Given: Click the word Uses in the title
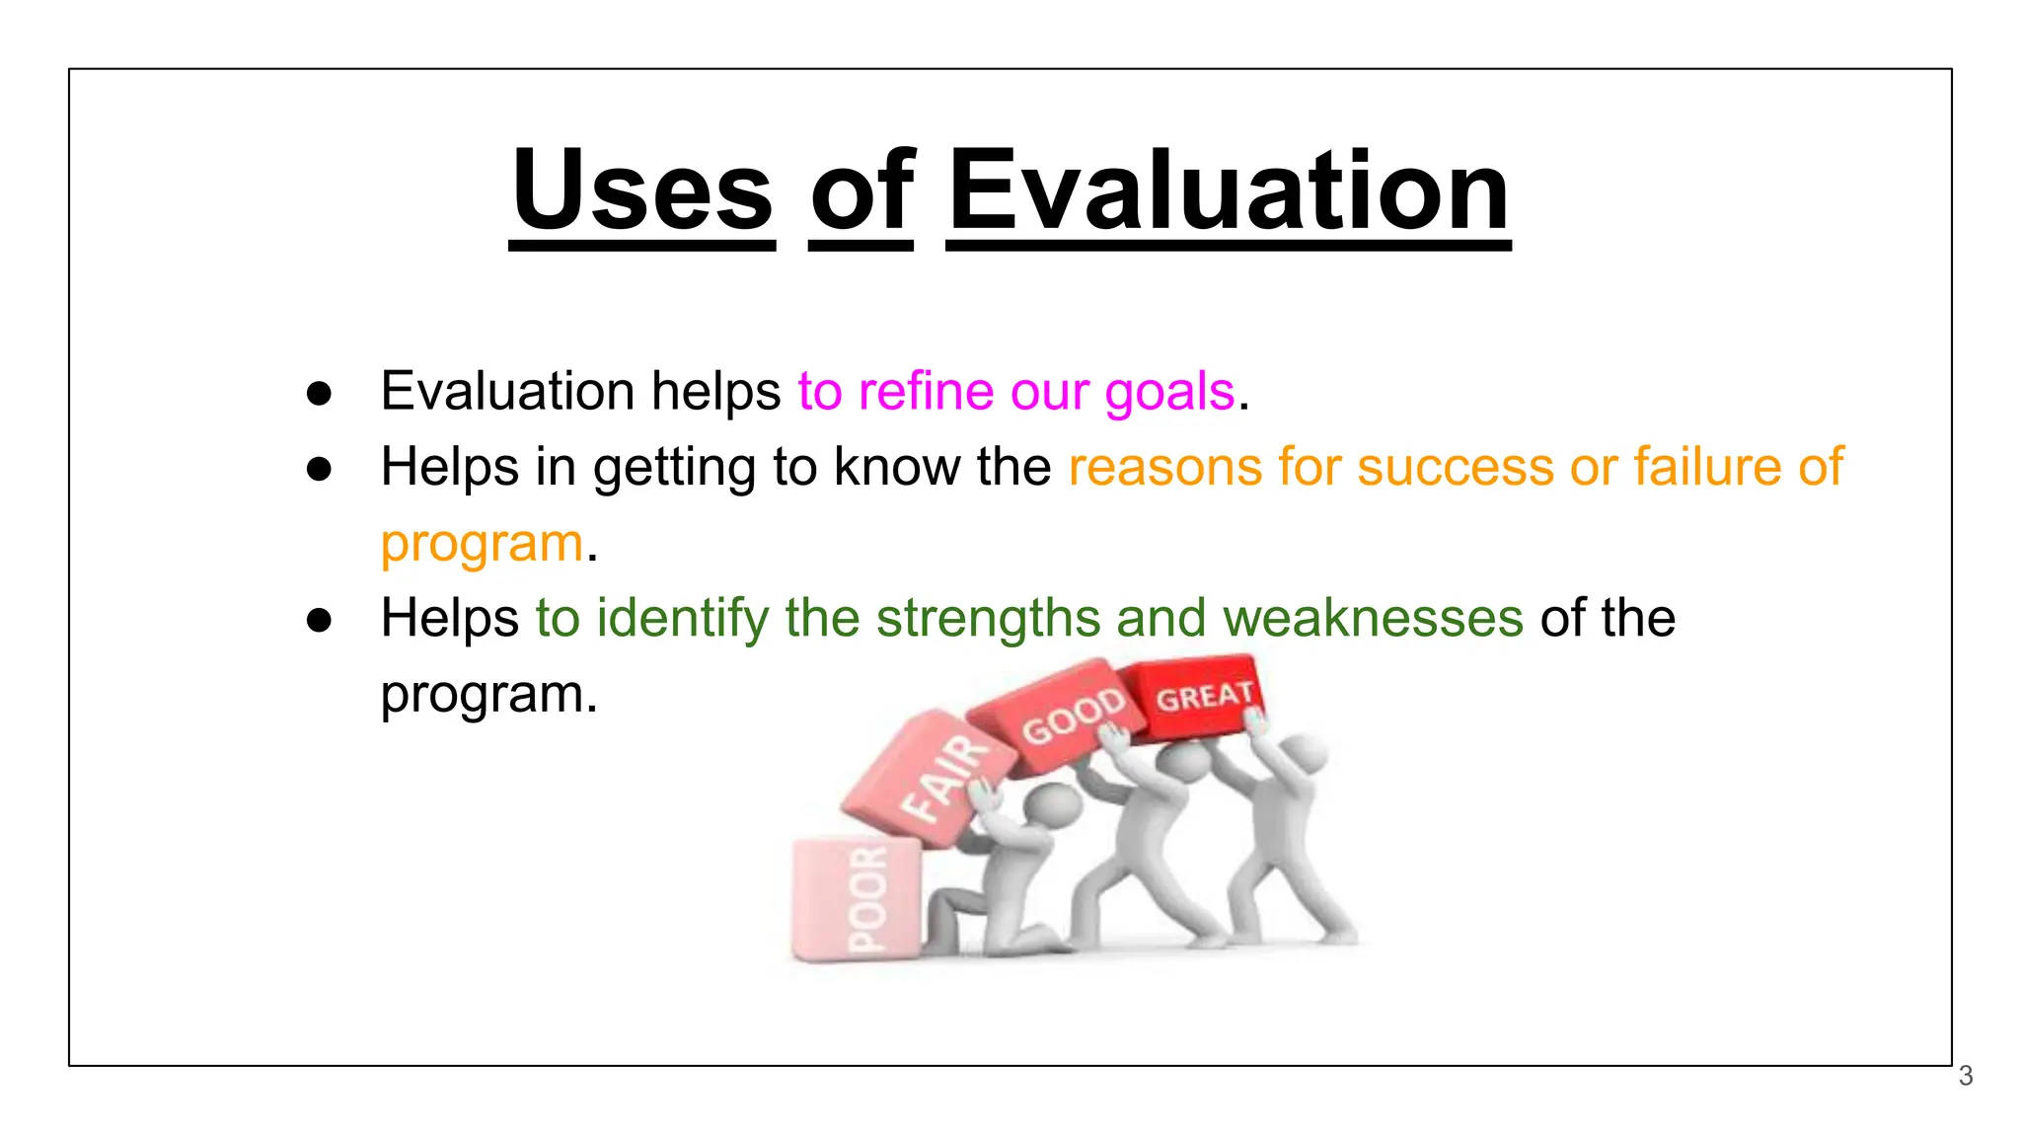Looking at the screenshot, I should [642, 189].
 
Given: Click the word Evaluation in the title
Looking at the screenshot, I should [1229, 189].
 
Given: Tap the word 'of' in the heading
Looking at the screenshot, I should [861, 189].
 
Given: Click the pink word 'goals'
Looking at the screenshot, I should [1169, 393].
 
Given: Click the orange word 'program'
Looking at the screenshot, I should [483, 545].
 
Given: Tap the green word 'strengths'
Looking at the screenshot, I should [988, 619].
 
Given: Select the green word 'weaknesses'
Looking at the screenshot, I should [1373, 619].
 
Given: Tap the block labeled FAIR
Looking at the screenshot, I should [933, 780].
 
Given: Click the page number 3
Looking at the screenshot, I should [1965, 1076].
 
